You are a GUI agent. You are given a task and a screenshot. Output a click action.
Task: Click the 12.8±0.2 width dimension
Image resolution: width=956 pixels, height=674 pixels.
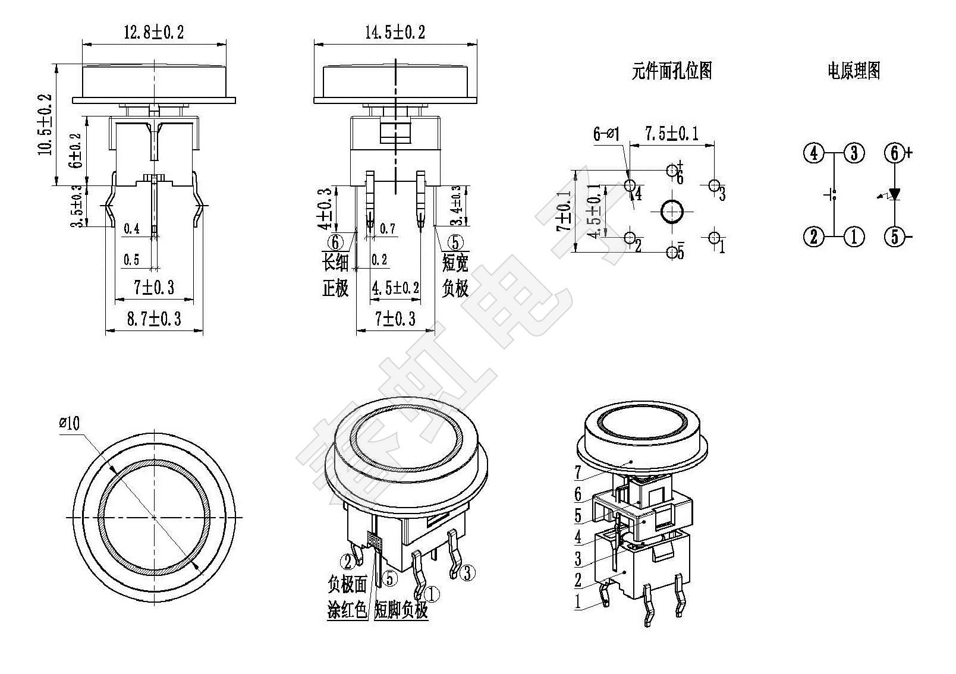coord(153,33)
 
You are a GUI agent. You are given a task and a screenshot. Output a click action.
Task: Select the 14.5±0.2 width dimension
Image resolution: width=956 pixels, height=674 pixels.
coord(395,33)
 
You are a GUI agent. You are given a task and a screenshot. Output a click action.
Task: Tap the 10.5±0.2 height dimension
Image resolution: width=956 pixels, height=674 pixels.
coord(45,124)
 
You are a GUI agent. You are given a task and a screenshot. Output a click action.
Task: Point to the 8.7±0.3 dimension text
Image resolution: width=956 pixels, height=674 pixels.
coord(154,319)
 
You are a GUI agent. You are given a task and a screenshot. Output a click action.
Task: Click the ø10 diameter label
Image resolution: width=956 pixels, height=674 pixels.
coord(70,423)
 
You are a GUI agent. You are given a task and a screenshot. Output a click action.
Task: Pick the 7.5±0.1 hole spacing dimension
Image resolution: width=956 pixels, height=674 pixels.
coord(672,134)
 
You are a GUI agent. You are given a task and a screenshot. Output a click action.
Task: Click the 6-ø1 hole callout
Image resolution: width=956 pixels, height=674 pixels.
coord(606,134)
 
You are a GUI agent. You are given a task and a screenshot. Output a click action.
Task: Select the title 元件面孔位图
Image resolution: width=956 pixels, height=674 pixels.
coord(672,71)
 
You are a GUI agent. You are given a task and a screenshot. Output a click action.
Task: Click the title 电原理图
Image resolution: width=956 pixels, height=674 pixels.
coord(854,71)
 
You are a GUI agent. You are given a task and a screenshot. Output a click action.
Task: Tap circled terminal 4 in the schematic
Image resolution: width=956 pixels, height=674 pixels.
coord(814,153)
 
